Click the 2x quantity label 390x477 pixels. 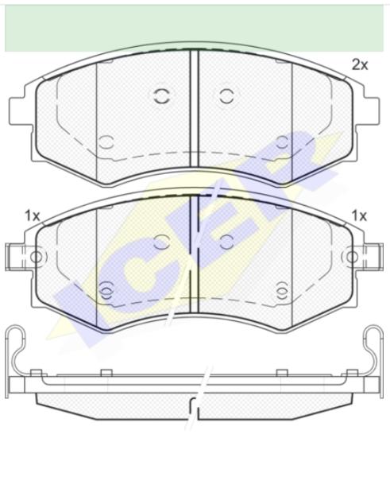point(360,65)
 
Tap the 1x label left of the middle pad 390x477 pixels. point(33,216)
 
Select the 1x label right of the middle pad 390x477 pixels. point(359,216)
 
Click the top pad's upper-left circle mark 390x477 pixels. point(161,96)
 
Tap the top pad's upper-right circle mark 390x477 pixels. point(226,96)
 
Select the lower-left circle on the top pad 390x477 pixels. point(106,142)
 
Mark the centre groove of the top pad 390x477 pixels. point(194,109)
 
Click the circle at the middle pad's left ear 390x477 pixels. point(37,257)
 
